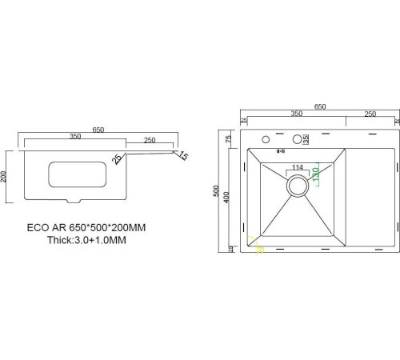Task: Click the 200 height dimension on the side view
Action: [6, 176]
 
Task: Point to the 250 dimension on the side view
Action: [150, 141]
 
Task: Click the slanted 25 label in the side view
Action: [118, 159]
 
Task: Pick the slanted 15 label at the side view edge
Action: [183, 155]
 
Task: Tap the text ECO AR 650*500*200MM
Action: [97, 227]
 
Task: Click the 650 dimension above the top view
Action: [319, 106]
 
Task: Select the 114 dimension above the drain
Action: [298, 167]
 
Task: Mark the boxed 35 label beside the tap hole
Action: [306, 138]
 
